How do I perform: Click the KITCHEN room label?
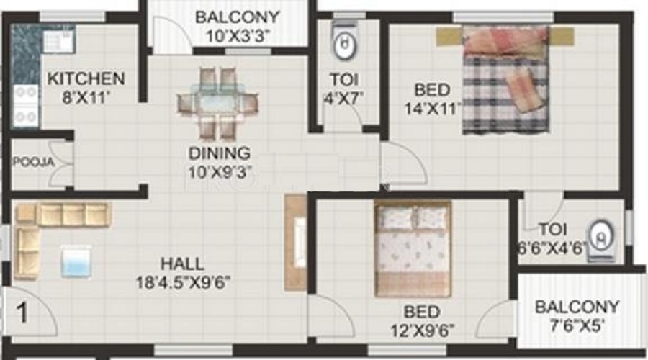click(x=86, y=78)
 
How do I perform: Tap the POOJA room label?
click(x=33, y=162)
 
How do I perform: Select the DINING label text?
click(x=219, y=153)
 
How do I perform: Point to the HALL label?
click(x=182, y=264)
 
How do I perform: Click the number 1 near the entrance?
click(x=22, y=313)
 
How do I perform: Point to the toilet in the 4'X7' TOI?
click(x=344, y=44)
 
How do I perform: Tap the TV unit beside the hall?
click(x=295, y=242)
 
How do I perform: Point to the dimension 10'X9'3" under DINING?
click(x=219, y=171)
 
